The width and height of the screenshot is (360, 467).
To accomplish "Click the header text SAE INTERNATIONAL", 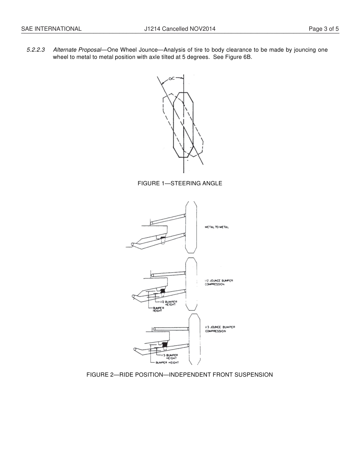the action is (51, 29).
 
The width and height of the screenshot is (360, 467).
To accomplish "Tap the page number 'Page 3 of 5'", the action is (324, 29).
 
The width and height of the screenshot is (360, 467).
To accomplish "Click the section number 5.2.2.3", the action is (36, 50).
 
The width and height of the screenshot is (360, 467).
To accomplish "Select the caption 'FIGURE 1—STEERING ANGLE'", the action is (180, 183).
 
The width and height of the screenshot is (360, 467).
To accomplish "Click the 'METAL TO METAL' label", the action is (217, 227).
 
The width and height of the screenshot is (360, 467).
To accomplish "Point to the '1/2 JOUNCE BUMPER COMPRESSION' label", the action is (219, 282).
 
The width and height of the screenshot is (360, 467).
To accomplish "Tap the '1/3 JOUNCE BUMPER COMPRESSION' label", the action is (220, 329).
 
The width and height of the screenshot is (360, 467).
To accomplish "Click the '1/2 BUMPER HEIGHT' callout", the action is (168, 303).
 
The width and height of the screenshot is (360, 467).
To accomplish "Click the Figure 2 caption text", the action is (180, 375).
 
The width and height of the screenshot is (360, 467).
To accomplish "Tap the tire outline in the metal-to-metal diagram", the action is (191, 227).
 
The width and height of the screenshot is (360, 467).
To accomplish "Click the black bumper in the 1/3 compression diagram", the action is (164, 345).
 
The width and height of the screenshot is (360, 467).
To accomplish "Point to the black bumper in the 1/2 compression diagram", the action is (163, 292).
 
